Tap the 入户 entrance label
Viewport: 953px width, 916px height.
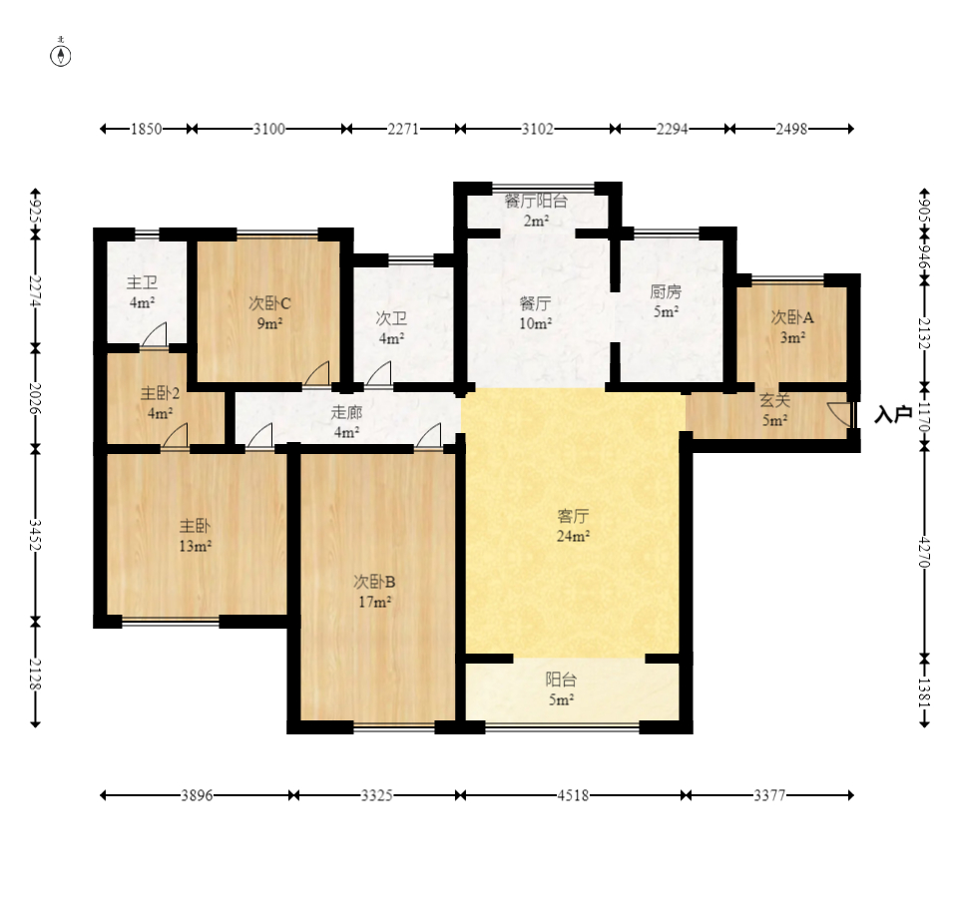coord(893,414)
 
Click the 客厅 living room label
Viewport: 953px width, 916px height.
coord(573,517)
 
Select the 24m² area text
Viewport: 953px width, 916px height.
coord(573,536)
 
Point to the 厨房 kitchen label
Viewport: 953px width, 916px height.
coord(666,291)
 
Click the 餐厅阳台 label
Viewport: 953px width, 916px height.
coord(536,201)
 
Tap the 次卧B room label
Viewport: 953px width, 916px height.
coord(374,582)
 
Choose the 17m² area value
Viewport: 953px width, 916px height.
coord(374,602)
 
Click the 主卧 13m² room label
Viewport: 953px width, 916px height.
coord(195,536)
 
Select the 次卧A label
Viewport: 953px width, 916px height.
coord(792,316)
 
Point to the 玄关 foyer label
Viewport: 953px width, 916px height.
coord(775,400)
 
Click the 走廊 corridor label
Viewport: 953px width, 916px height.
coord(346,413)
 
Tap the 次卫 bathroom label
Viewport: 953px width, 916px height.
coord(391,318)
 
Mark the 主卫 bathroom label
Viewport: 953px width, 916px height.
coord(143,282)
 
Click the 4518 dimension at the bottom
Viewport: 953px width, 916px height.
coord(573,795)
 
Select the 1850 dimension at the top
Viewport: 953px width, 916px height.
coord(147,129)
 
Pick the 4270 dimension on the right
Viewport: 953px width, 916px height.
coord(924,552)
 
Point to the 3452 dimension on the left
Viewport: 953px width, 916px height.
coord(35,535)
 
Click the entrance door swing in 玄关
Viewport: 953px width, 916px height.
coord(838,413)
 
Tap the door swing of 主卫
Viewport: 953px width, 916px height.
coord(154,334)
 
